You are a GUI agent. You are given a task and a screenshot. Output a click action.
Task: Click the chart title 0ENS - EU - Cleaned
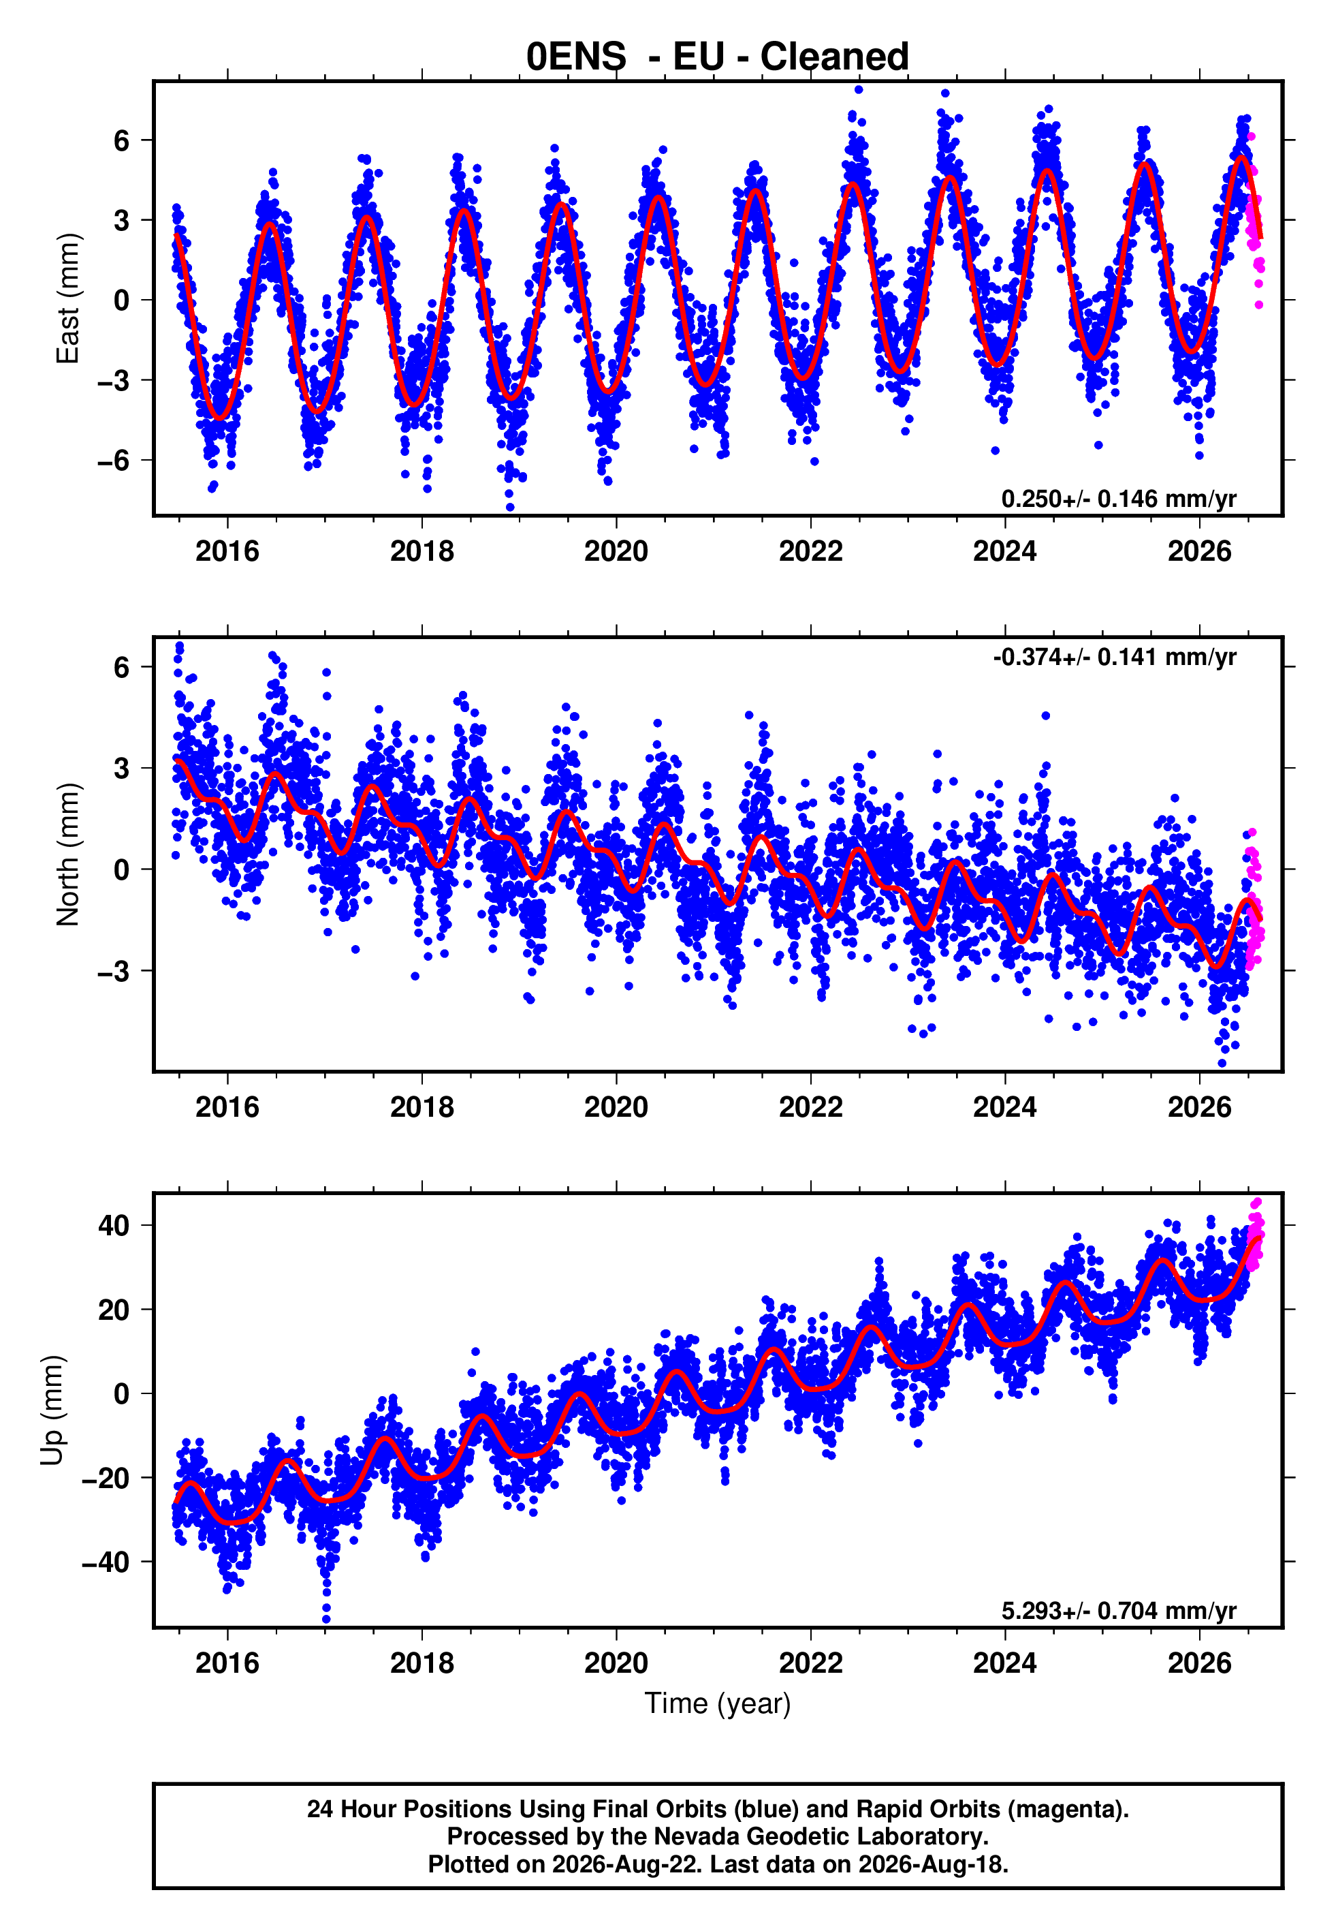pos(718,56)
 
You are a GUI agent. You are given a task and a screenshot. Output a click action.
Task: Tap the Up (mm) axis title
pos(52,1410)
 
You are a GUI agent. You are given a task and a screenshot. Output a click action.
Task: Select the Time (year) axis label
pos(718,1704)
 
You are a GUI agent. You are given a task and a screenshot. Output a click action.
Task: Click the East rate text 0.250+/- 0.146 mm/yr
pos(1118,499)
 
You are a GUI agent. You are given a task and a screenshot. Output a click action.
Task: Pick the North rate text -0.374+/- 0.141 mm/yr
pos(1114,658)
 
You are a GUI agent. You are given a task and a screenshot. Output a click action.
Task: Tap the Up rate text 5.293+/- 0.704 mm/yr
pos(1118,1610)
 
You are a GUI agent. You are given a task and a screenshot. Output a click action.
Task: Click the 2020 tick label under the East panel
pos(616,551)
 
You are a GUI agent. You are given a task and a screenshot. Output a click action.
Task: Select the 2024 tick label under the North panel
pos(1004,1107)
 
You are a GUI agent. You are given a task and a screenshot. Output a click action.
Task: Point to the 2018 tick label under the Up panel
pos(422,1663)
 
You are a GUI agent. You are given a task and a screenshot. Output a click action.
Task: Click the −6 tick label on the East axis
pos(114,460)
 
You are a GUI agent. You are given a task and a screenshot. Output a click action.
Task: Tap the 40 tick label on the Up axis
pos(114,1225)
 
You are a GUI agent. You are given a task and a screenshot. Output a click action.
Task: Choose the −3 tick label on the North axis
pos(114,970)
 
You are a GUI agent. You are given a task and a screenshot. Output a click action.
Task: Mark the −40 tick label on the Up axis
pos(106,1562)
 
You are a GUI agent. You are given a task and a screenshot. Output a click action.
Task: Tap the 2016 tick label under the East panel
pos(227,551)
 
